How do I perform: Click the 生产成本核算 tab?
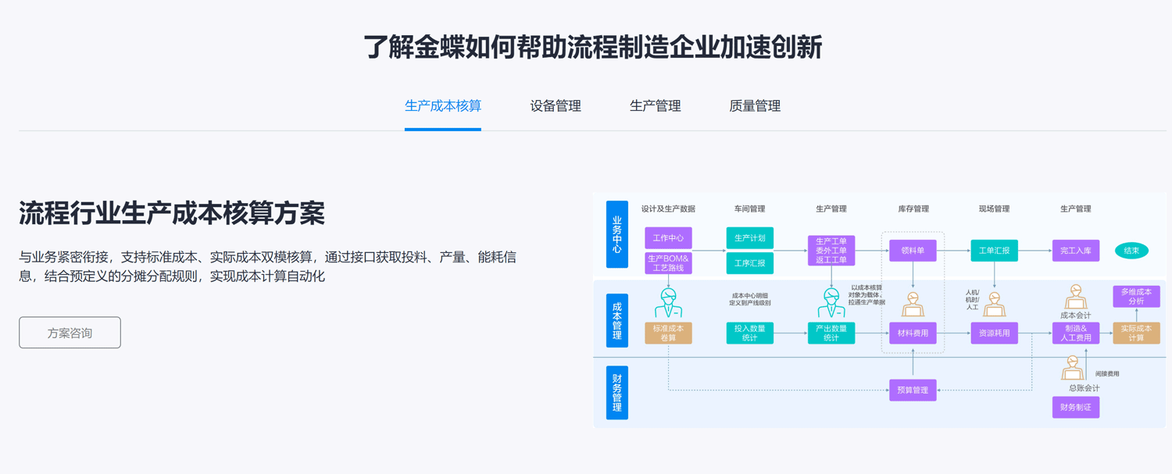(x=442, y=106)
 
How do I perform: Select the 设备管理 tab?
(x=556, y=106)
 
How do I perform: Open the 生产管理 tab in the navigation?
(x=655, y=106)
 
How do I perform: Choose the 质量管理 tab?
(x=755, y=106)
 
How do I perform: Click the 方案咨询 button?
(x=70, y=333)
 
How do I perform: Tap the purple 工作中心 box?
(x=668, y=237)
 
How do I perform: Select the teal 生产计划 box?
(x=749, y=237)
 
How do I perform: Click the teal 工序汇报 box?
(x=749, y=263)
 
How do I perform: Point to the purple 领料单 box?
(x=913, y=251)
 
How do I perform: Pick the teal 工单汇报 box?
(x=994, y=251)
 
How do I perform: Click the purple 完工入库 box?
(x=1075, y=251)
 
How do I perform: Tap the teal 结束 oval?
(x=1131, y=251)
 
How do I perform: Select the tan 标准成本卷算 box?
(x=668, y=333)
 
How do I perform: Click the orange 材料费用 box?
(x=913, y=333)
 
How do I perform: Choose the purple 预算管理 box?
(x=913, y=390)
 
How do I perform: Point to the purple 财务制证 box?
(x=1075, y=407)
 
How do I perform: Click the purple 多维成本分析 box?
(x=1136, y=296)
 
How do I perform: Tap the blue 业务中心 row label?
(x=617, y=234)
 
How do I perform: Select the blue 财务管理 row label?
(x=617, y=392)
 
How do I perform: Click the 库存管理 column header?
(x=913, y=208)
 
